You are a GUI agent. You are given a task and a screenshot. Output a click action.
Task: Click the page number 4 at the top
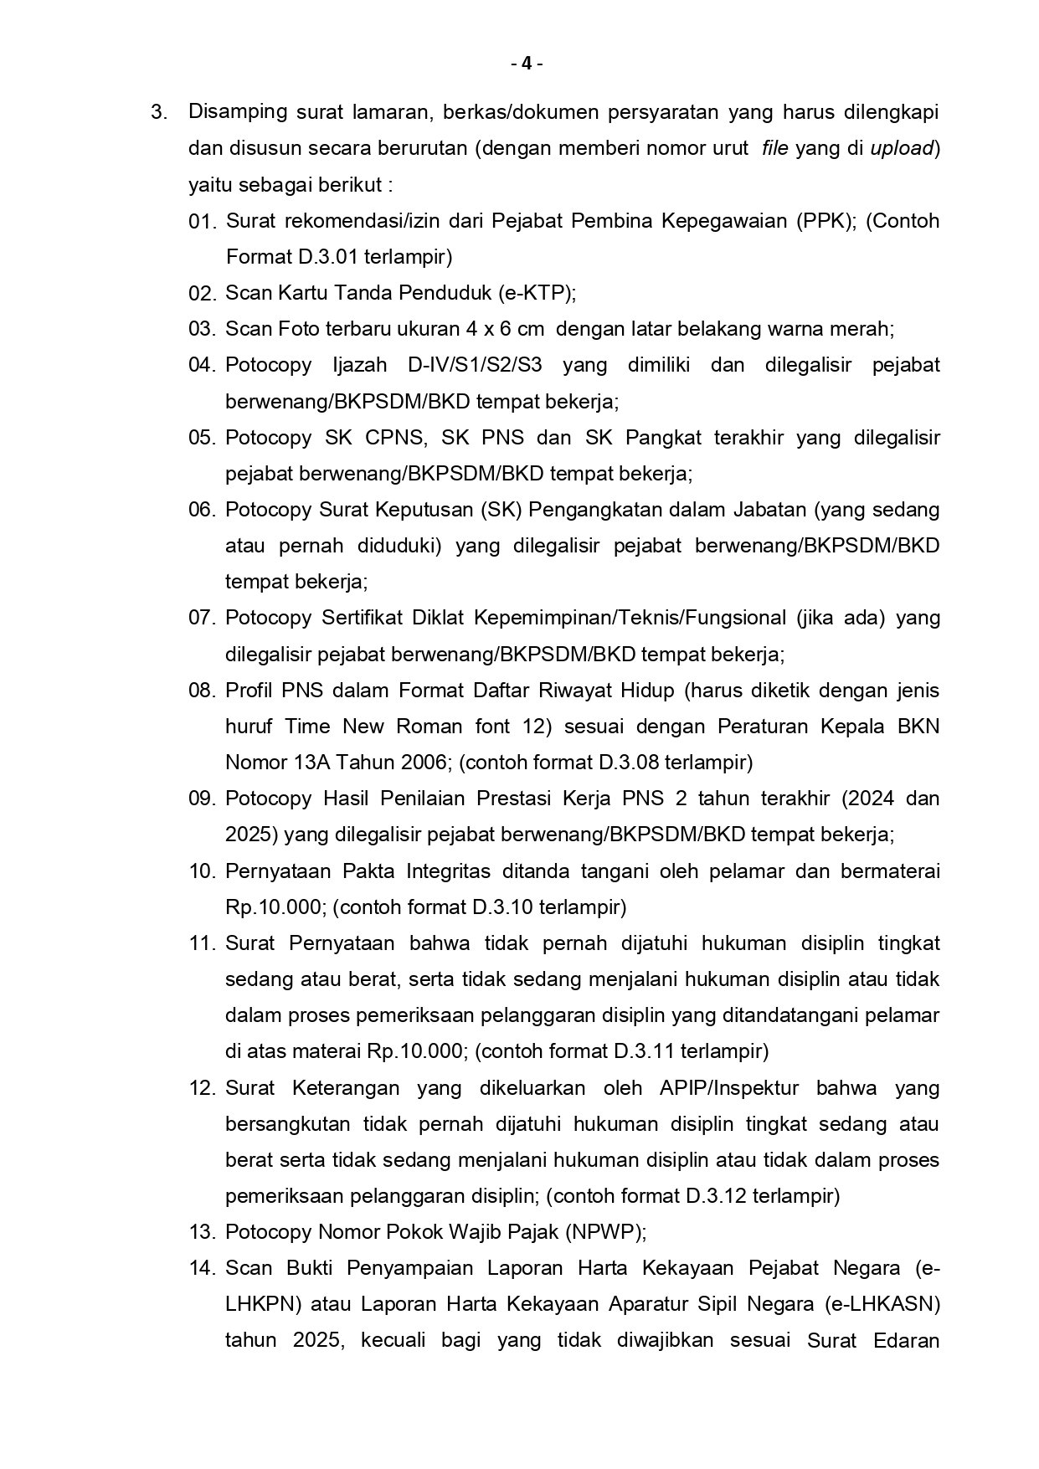(527, 64)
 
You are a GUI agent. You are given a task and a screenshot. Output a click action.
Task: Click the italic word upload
(901, 148)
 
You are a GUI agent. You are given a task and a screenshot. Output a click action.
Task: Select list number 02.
(202, 293)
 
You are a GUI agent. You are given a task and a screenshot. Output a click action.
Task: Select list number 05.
(202, 438)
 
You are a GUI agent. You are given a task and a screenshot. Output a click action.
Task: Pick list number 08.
(202, 691)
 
